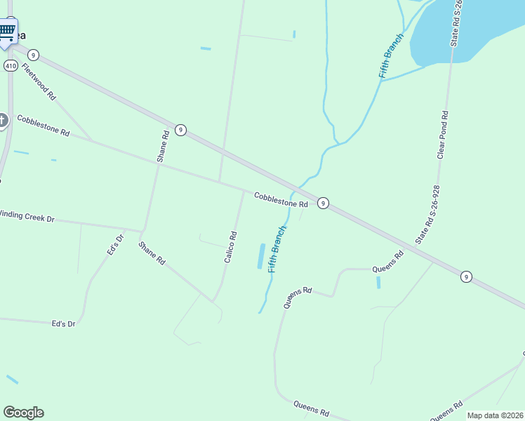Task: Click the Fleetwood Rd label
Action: coord(39,81)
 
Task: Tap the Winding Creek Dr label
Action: coord(27,215)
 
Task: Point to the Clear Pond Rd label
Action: coord(442,134)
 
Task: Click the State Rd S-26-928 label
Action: coord(427,215)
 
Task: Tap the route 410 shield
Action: coord(11,65)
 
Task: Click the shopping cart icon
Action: coord(7,30)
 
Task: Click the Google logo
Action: coord(23,413)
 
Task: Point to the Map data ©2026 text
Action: coord(495,415)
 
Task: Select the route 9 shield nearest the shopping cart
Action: coord(33,55)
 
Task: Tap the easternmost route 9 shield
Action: coord(466,276)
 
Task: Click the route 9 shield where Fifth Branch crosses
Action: coord(323,203)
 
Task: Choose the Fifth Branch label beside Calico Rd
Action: coord(278,249)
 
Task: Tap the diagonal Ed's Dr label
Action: coord(115,244)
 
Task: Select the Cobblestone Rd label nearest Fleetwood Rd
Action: coord(44,126)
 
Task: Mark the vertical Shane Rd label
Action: coord(163,147)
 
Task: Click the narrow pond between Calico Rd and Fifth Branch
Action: coord(261,256)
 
